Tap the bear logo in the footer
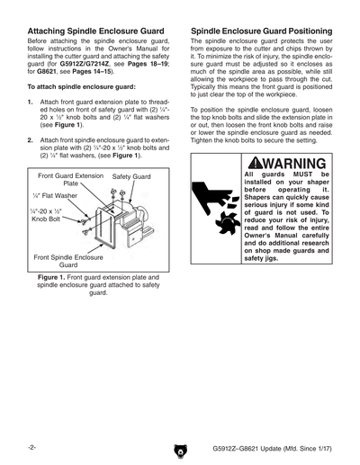point(180,449)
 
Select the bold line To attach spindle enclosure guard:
point(82,86)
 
